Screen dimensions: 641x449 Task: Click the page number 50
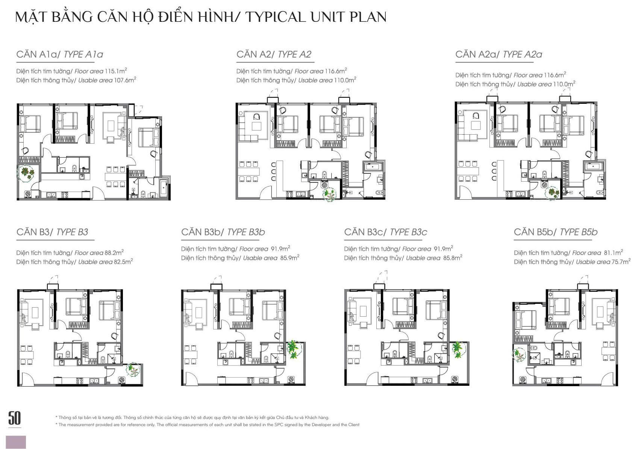point(14,418)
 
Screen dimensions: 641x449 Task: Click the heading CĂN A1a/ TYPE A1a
point(59,55)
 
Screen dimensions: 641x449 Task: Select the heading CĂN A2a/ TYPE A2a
point(499,55)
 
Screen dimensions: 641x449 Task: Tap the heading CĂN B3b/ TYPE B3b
point(223,232)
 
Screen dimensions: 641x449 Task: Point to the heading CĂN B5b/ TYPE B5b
point(555,232)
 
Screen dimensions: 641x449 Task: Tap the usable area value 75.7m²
point(621,262)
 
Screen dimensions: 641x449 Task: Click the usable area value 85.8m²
point(453,258)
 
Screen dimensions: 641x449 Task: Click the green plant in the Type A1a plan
point(26,173)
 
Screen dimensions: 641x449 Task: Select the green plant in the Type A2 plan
point(330,194)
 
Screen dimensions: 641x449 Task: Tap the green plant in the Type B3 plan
point(133,370)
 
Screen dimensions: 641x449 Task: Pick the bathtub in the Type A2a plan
point(594,166)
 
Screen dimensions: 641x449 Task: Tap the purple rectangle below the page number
point(16,442)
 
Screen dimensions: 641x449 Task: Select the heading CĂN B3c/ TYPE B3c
point(385,232)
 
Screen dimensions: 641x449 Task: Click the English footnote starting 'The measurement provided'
point(208,425)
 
